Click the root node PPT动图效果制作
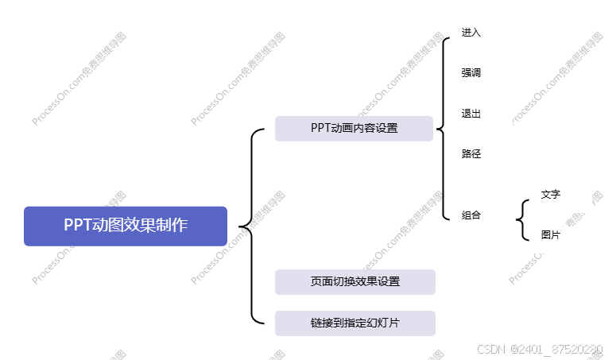point(126,226)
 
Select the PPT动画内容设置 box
point(354,129)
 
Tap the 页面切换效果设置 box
point(354,282)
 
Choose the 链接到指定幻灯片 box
point(354,323)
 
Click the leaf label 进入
point(471,33)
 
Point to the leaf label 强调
point(471,73)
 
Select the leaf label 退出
point(471,114)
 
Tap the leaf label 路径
point(471,154)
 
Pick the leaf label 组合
point(471,215)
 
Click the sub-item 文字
point(551,194)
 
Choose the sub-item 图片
point(551,234)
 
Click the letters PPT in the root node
point(77,225)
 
